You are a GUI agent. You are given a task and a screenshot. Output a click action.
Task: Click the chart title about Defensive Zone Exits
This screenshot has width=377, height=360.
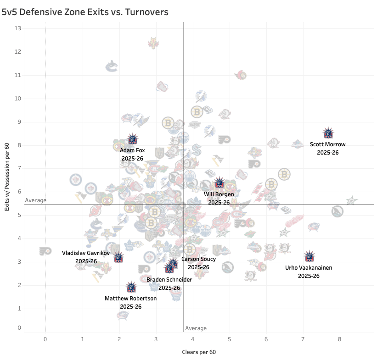click(85, 12)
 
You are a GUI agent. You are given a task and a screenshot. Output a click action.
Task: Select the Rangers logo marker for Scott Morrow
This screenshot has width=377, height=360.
click(328, 133)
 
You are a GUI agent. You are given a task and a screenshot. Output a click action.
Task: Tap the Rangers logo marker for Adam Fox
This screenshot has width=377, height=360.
click(133, 139)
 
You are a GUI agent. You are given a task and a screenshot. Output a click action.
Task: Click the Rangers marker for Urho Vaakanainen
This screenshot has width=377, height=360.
click(310, 256)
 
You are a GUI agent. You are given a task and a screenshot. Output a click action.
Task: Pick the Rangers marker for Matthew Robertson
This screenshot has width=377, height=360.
click(131, 288)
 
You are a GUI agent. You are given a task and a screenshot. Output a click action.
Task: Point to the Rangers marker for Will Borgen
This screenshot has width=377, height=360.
click(219, 183)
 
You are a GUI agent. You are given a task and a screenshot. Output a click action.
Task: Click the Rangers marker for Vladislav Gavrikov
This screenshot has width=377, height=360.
click(118, 258)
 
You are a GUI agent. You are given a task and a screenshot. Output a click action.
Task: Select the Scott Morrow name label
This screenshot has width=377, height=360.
click(327, 144)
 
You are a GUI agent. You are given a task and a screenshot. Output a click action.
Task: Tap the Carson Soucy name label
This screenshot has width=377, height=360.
click(198, 259)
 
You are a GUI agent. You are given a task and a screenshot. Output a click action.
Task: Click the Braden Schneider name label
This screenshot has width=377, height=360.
click(169, 280)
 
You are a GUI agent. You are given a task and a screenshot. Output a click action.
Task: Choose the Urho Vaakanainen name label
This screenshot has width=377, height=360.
click(309, 268)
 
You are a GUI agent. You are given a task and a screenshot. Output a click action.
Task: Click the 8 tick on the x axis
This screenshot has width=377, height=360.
click(340, 339)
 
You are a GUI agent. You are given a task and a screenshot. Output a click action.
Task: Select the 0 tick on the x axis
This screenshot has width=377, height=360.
click(45, 339)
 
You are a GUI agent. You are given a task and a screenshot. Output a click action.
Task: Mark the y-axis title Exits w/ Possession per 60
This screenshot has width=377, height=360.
click(8, 178)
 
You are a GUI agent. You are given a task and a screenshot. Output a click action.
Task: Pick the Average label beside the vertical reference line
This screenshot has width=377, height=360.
click(196, 328)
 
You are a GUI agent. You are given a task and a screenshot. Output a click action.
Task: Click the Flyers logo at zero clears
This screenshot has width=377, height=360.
click(45, 251)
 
